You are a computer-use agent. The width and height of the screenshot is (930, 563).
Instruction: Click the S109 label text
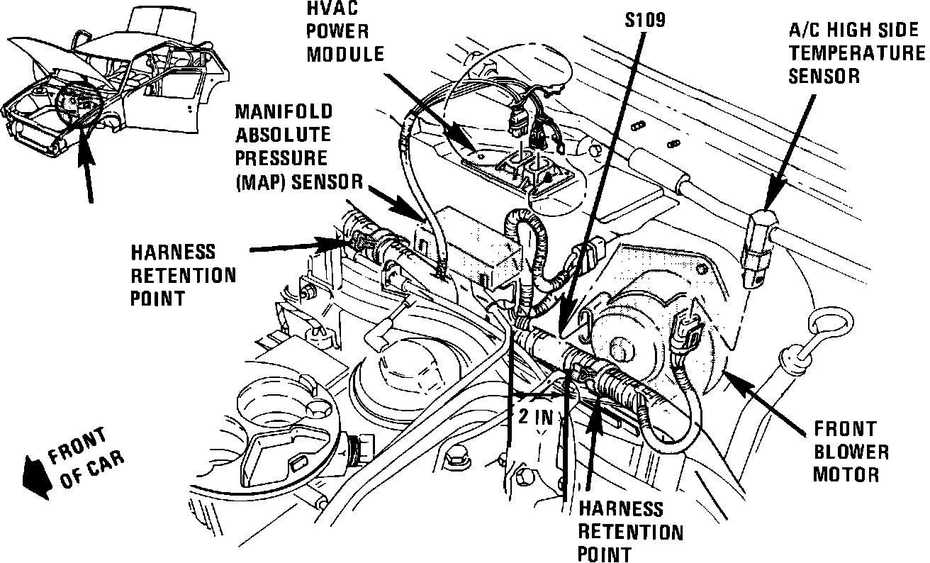coord(645,21)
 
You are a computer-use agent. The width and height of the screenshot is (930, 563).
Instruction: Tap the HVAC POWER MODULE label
coord(345,32)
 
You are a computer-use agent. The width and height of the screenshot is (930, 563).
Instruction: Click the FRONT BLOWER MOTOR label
coord(850,451)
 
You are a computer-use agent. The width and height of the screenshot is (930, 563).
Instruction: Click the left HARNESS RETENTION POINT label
coord(183,274)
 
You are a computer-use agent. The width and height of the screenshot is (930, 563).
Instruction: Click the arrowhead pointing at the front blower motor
coord(733,379)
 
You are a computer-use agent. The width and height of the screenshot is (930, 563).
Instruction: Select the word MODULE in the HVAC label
coord(345,54)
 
